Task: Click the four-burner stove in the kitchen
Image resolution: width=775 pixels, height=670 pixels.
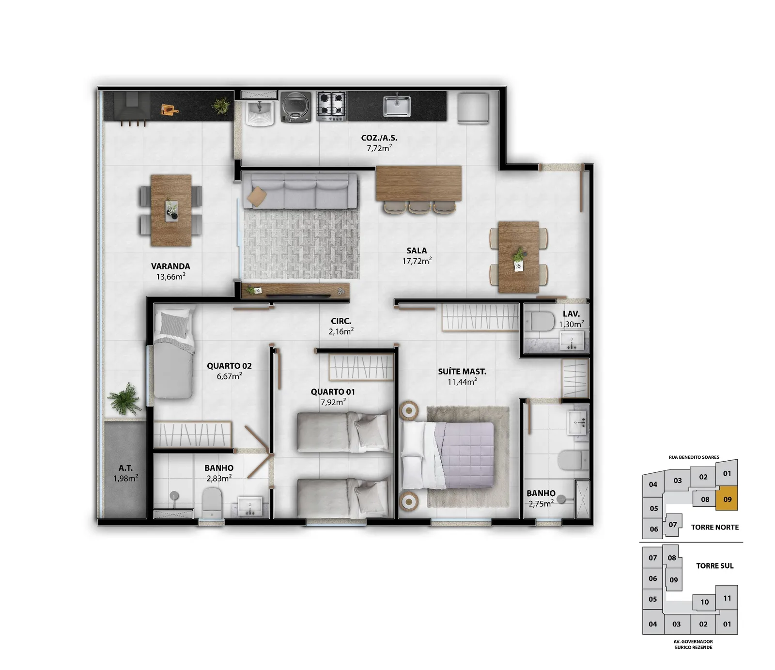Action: coord(332,106)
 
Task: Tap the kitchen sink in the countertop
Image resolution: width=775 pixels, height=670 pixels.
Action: coord(397,106)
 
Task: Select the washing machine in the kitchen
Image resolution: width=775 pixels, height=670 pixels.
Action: coord(296,107)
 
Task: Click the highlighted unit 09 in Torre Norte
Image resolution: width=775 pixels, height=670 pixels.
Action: coord(727,499)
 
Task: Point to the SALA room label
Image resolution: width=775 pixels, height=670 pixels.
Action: coord(417,250)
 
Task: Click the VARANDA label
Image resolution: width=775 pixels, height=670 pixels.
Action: coord(170,266)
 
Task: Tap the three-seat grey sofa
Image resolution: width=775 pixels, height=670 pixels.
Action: coord(300,191)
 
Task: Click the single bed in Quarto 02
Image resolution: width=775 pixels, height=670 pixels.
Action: coord(173,354)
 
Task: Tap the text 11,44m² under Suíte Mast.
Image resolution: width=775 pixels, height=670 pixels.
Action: coord(462,382)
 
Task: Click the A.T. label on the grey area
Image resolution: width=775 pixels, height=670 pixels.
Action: coord(125,468)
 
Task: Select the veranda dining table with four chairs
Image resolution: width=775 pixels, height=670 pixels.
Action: coord(171,211)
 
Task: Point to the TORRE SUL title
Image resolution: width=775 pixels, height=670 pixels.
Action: coord(714,566)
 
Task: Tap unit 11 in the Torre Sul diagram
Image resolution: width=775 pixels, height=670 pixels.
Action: coord(727,598)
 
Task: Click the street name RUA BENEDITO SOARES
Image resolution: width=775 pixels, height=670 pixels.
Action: coord(694,457)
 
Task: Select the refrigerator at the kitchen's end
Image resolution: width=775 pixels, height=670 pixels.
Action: coord(473,108)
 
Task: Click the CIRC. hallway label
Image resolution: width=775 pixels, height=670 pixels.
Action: coord(341,321)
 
